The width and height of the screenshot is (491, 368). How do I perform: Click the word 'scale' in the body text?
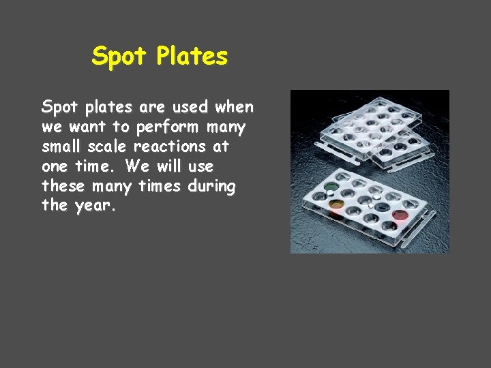(x=107, y=147)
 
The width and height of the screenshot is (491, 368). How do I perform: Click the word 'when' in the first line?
(x=234, y=108)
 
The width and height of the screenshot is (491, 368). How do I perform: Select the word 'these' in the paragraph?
(x=65, y=185)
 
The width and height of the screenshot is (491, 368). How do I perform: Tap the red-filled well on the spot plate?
(x=400, y=215)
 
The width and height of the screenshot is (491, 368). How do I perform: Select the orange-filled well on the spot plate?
(x=336, y=204)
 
